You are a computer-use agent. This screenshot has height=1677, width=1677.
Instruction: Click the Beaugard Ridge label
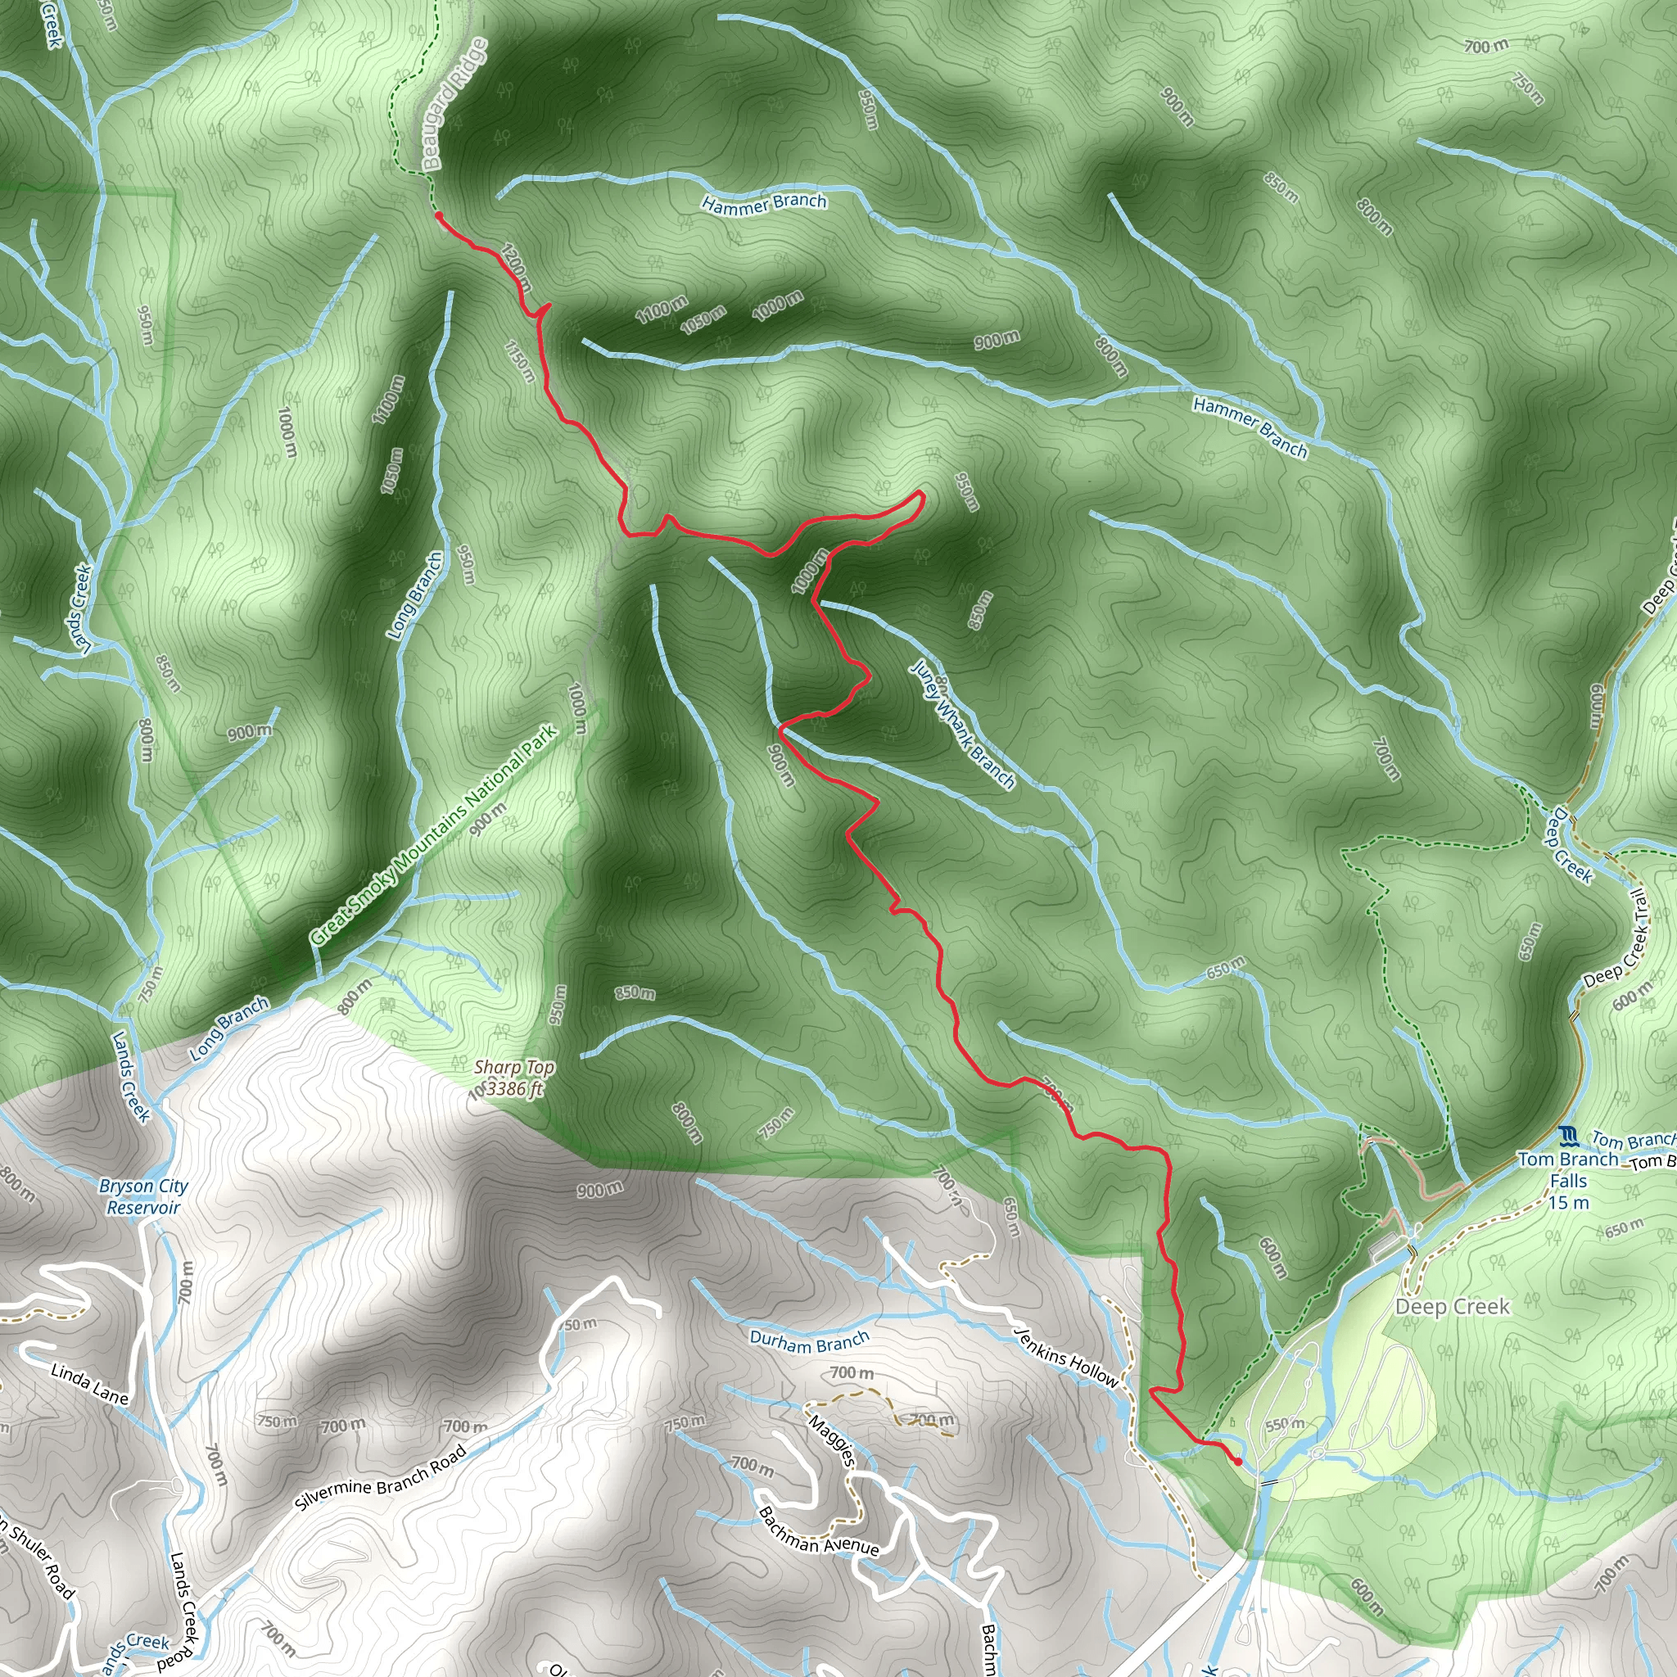click(x=454, y=105)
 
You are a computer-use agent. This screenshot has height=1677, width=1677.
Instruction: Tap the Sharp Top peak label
click(x=514, y=1078)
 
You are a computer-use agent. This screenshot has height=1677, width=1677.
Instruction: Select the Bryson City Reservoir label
click(x=143, y=1197)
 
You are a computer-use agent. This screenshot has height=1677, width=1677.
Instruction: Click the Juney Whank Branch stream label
click(x=962, y=725)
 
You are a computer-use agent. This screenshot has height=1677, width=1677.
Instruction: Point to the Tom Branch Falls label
click(x=1568, y=1181)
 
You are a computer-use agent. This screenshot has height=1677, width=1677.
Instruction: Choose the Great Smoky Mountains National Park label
click(x=434, y=835)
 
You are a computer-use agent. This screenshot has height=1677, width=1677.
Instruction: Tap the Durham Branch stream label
click(x=809, y=1342)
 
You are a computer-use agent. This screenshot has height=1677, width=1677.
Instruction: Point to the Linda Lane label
click(x=89, y=1384)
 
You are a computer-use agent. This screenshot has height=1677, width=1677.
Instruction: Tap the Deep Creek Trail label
click(x=1616, y=939)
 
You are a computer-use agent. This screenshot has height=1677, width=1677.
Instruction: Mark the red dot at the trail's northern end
click(x=439, y=215)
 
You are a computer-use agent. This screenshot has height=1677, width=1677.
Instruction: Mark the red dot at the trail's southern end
click(x=1237, y=1462)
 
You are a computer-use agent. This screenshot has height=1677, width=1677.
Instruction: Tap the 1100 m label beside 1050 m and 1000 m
click(x=662, y=309)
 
